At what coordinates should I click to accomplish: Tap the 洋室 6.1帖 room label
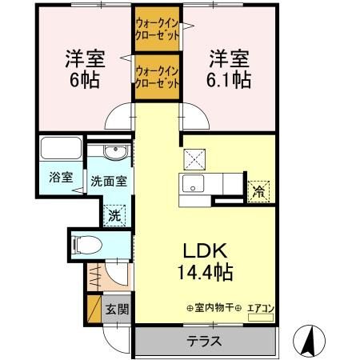[230, 69]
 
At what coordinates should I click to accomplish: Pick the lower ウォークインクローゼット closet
[158, 78]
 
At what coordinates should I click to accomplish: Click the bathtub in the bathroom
[59, 151]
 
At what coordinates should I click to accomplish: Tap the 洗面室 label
[107, 182]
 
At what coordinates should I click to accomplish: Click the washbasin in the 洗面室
[110, 153]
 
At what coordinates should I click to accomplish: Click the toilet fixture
[90, 243]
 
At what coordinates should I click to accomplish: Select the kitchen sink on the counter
[194, 184]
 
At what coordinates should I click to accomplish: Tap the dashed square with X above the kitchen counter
[194, 157]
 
